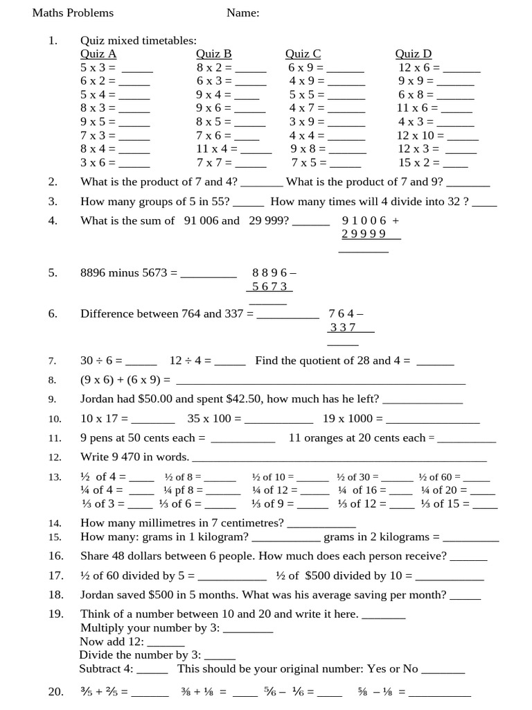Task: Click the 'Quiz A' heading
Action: point(98,54)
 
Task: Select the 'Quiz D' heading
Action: point(413,54)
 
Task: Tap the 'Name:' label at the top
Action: point(242,13)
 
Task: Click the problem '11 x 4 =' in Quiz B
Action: point(217,149)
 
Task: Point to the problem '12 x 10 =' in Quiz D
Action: point(420,136)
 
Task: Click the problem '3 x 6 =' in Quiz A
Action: point(98,163)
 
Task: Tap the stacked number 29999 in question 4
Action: point(364,234)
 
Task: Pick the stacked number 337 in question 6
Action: point(343,327)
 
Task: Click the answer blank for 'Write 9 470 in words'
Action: point(339,458)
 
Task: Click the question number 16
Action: point(55,556)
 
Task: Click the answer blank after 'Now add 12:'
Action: point(166,643)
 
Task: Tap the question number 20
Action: point(55,692)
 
